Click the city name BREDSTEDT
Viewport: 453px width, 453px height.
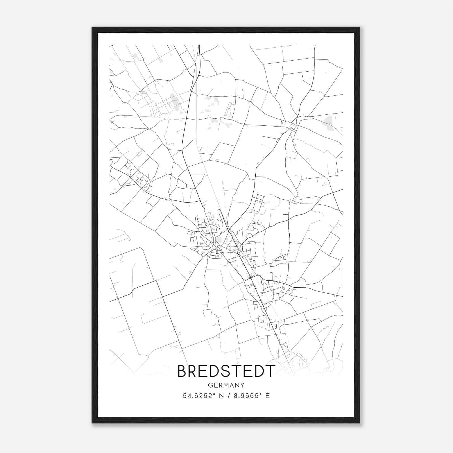coord(226,371)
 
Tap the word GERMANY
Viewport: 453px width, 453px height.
coord(226,385)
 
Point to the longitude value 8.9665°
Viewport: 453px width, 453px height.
coord(247,396)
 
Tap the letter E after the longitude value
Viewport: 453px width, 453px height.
coord(267,396)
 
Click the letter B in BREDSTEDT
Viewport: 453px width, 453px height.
coord(183,371)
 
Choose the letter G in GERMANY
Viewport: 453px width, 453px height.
coord(210,385)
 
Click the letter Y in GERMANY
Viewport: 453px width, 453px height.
coord(243,385)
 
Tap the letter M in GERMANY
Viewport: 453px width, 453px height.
coord(226,385)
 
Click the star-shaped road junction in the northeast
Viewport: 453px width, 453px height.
coord(293,123)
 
